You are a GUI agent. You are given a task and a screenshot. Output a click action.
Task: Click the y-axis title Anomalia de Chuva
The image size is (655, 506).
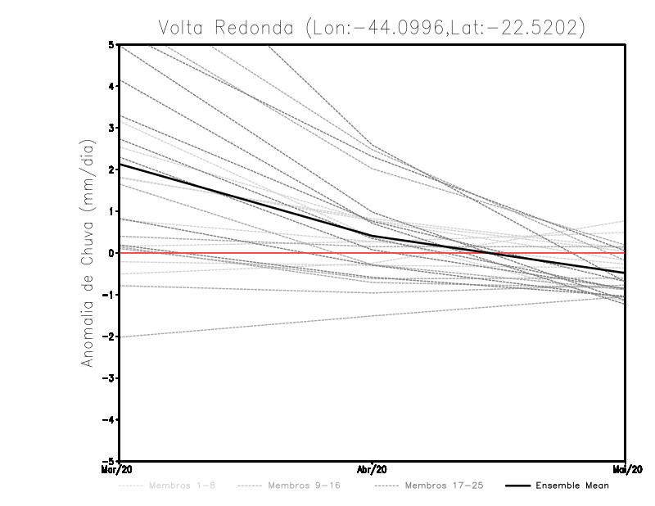pos(87,252)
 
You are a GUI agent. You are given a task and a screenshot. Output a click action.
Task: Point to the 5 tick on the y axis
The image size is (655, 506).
pos(112,44)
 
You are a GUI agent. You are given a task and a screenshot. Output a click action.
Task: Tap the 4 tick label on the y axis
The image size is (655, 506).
pos(112,86)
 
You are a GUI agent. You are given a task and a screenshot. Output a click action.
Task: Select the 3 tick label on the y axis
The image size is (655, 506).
pos(112,128)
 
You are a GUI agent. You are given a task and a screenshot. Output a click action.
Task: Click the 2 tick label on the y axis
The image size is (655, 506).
pos(112,169)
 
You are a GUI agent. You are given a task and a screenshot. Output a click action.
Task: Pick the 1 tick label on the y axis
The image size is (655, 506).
pos(112,211)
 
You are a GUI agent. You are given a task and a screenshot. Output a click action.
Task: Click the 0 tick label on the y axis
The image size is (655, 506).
pos(112,253)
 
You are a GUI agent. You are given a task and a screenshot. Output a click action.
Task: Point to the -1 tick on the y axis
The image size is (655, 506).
pos(110,295)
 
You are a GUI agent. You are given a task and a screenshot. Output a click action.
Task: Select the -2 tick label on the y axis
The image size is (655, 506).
pos(110,337)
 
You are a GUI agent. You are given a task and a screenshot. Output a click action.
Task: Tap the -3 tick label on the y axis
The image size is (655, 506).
pos(110,378)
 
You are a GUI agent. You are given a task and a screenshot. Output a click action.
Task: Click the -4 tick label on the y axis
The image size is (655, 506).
pos(110,420)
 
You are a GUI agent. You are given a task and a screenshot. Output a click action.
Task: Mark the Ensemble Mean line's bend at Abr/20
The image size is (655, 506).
pos(373,237)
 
